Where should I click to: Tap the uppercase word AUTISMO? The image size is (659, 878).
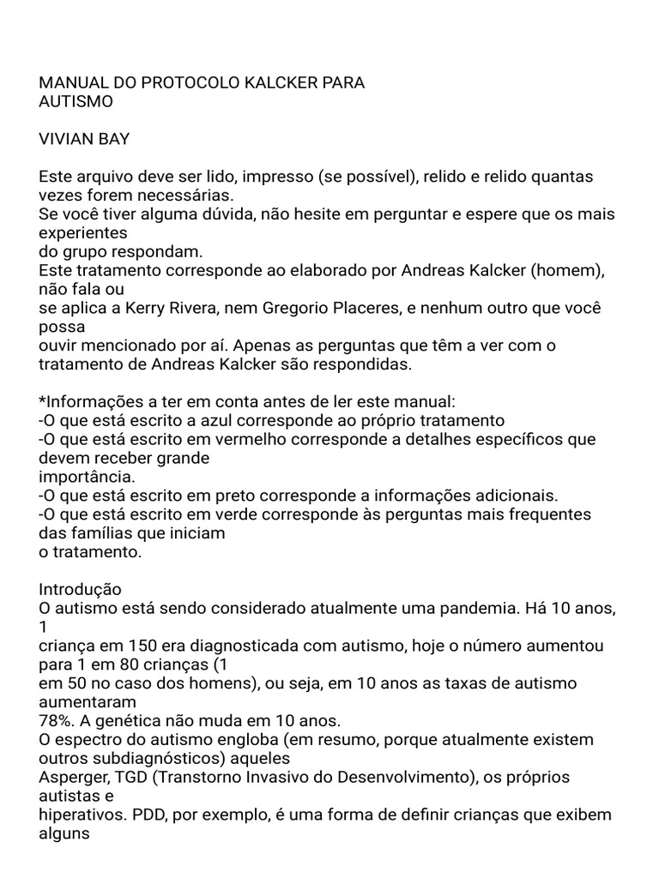click(76, 101)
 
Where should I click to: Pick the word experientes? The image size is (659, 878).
click(83, 232)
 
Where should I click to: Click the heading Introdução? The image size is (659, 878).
click(81, 589)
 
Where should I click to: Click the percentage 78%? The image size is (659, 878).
click(56, 720)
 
